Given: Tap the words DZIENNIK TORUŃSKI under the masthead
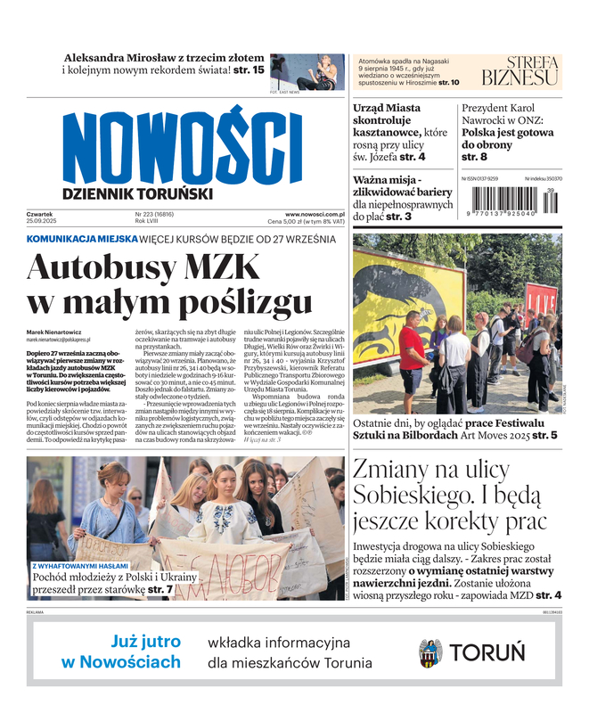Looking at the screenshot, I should [x=138, y=193].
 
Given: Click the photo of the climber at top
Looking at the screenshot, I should [x=306, y=70].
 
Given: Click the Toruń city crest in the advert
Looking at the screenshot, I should [x=430, y=653].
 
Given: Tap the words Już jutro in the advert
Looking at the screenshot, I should [x=146, y=642].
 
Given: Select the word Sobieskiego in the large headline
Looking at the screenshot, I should [x=419, y=494].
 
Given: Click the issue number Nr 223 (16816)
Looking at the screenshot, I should [x=155, y=214].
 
